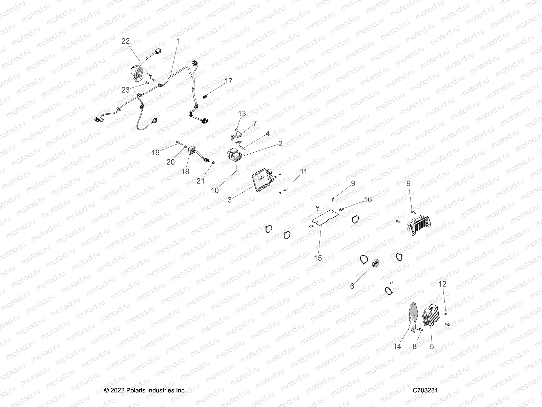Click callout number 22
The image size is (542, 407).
click(x=125, y=41)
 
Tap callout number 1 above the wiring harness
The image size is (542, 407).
click(x=179, y=41)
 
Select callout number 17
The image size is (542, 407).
click(x=229, y=81)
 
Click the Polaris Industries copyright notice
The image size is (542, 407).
click(x=145, y=390)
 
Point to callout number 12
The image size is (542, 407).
click(x=442, y=284)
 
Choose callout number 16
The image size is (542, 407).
click(x=368, y=199)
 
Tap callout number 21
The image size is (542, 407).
click(x=201, y=181)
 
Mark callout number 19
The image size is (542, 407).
click(x=155, y=152)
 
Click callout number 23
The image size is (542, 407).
click(x=125, y=90)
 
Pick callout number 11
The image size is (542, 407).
click(x=303, y=172)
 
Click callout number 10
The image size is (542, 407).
click(x=215, y=190)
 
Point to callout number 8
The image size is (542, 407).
click(x=415, y=346)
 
